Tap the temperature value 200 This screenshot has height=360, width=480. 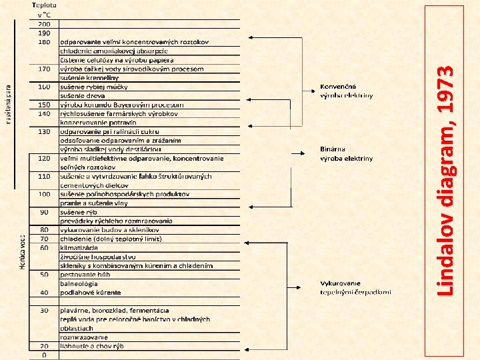tap(43, 24)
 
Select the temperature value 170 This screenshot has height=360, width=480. tap(44, 69)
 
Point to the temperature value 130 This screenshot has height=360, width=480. tap(44, 131)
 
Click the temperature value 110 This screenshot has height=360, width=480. tap(44, 176)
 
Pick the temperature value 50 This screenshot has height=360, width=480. tap(44, 274)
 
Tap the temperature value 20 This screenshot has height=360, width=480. tap(44, 346)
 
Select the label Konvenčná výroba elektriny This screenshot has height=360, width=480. tap(346, 91)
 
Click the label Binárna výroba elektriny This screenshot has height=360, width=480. tap(346, 154)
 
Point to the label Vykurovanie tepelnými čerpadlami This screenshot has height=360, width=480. tap(355, 287)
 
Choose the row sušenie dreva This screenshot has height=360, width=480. tap(79, 95)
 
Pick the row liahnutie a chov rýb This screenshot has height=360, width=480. tap(92, 346)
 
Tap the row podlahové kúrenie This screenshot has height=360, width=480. tap(90, 292)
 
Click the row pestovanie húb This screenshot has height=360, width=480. tap(85, 274)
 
